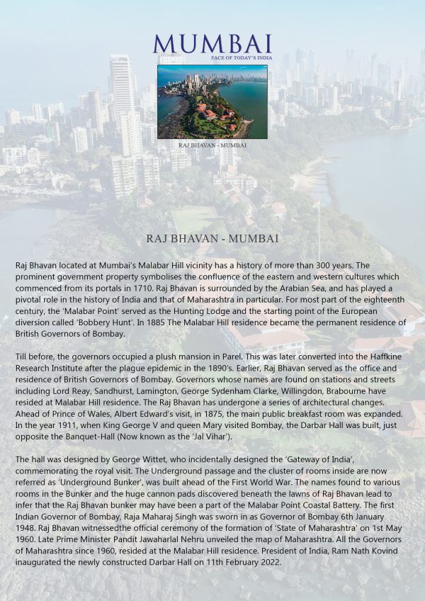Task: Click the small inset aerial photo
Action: tap(212, 101)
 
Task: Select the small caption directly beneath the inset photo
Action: tap(212, 145)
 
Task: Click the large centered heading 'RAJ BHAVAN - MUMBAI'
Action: tap(212, 239)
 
